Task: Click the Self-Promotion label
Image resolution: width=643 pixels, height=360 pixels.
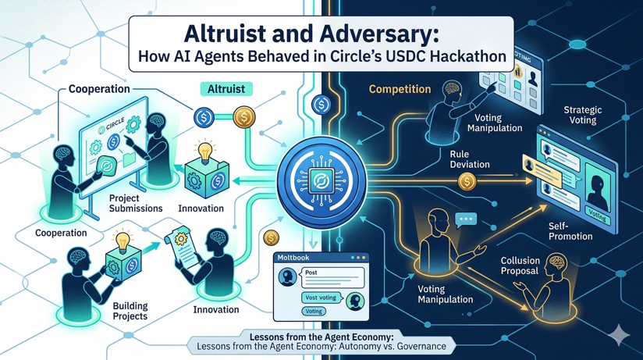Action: (570, 230)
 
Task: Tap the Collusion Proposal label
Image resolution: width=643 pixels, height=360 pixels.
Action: (518, 266)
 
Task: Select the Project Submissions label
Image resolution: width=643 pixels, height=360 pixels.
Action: (136, 203)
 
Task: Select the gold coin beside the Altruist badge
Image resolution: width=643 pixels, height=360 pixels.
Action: (244, 118)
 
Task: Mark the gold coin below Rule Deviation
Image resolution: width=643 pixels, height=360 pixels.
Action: (467, 183)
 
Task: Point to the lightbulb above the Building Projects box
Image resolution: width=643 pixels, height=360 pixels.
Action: (123, 238)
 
